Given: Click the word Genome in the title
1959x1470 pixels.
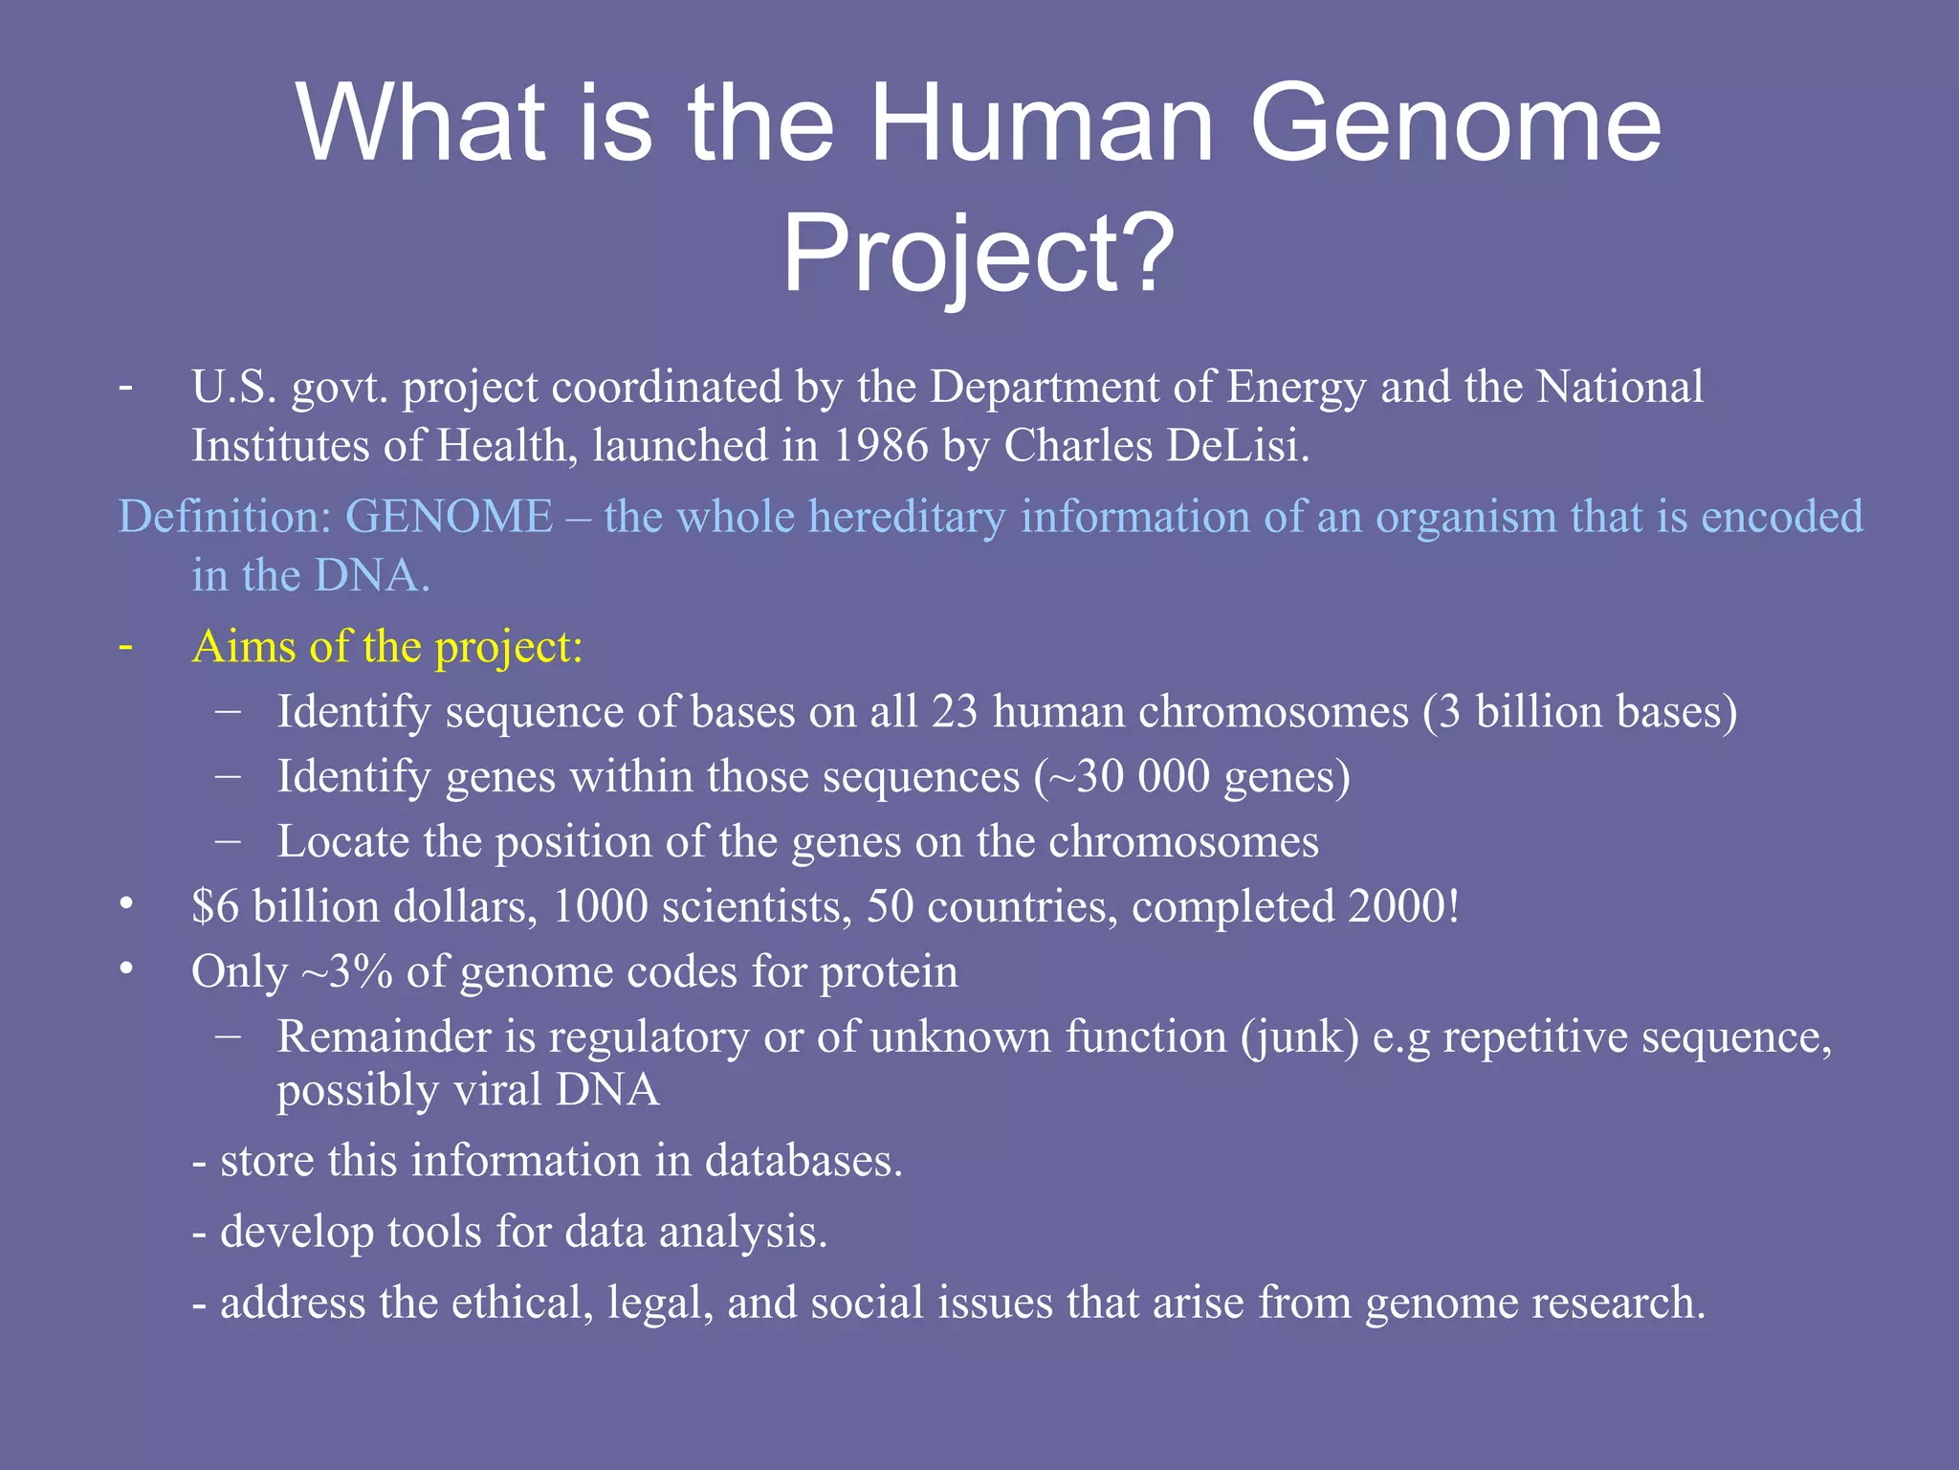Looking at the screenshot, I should (x=1456, y=124).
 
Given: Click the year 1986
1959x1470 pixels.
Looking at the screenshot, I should (x=880, y=446).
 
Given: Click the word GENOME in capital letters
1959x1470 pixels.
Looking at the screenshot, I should (x=449, y=517).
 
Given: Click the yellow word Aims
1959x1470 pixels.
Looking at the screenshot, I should (x=244, y=647).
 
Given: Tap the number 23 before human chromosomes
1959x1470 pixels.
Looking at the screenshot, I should (x=955, y=712).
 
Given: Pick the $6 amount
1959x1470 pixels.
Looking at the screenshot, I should (x=215, y=906).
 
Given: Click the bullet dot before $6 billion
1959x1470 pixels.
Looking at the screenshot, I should (x=126, y=903).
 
